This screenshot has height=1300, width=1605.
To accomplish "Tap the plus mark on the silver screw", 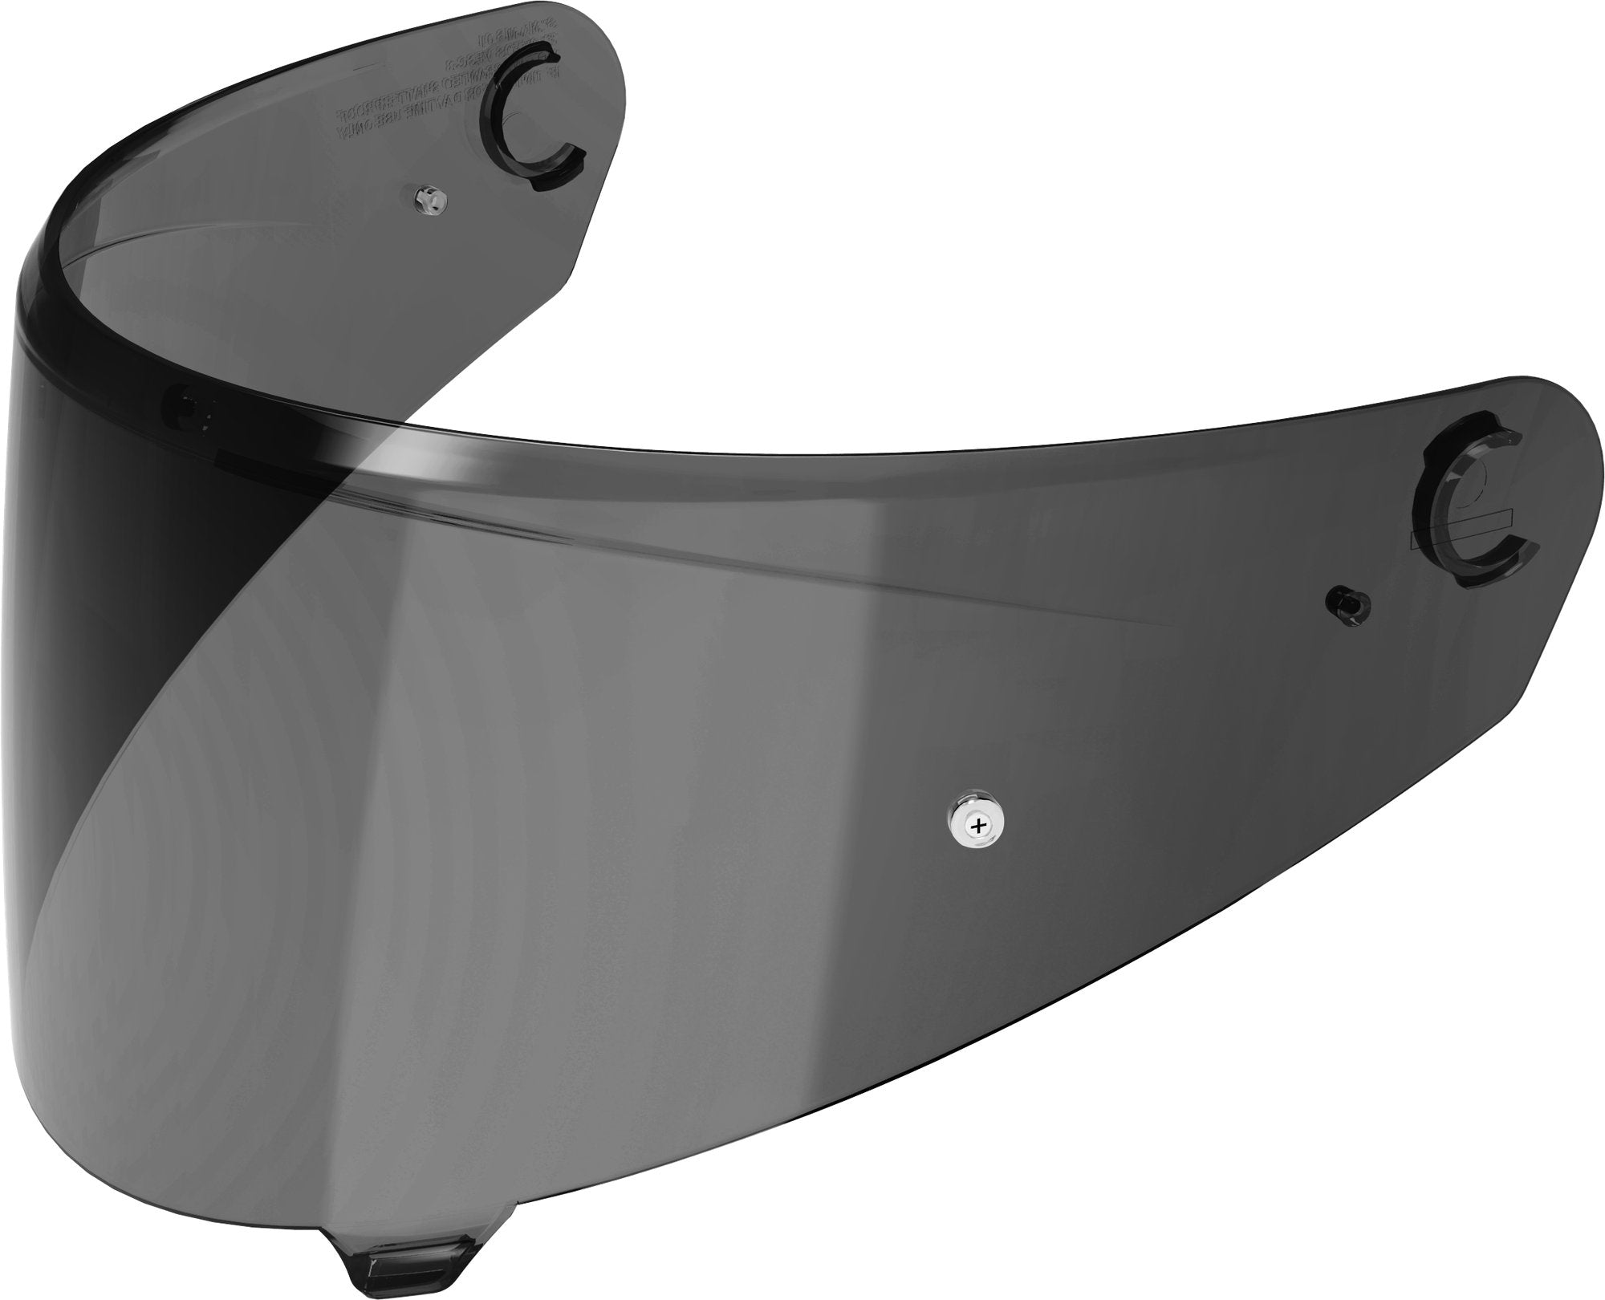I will pos(976,824).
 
